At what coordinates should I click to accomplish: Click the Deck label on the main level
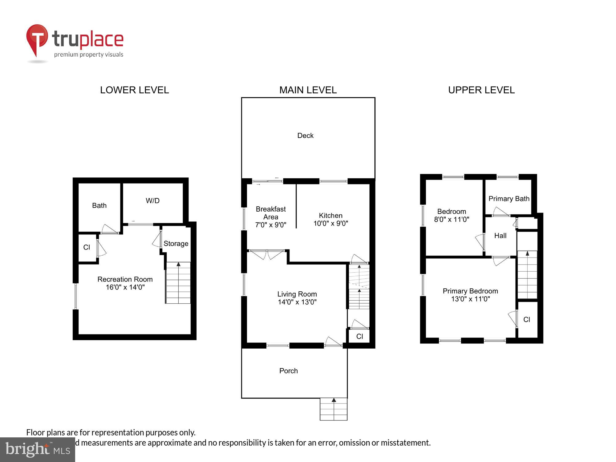click(305, 136)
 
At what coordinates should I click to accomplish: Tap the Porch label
click(288, 371)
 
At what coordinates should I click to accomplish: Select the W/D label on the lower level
click(152, 201)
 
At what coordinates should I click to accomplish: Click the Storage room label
click(176, 244)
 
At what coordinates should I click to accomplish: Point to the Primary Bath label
click(509, 199)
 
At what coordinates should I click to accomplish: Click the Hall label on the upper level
click(500, 236)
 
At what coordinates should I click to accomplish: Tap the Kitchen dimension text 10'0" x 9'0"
click(330, 224)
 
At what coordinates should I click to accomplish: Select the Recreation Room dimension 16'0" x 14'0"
click(125, 287)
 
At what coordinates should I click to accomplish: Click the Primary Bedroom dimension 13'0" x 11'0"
click(470, 299)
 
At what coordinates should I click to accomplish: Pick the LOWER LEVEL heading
click(134, 90)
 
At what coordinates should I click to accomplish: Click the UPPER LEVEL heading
click(481, 90)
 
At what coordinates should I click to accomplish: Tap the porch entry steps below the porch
click(334, 409)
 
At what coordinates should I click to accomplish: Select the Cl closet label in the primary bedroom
click(527, 320)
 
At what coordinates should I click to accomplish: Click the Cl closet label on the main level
click(359, 337)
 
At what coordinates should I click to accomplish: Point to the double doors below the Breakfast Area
click(267, 254)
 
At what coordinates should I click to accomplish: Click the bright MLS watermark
click(38, 450)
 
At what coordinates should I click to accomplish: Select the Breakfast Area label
click(270, 213)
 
